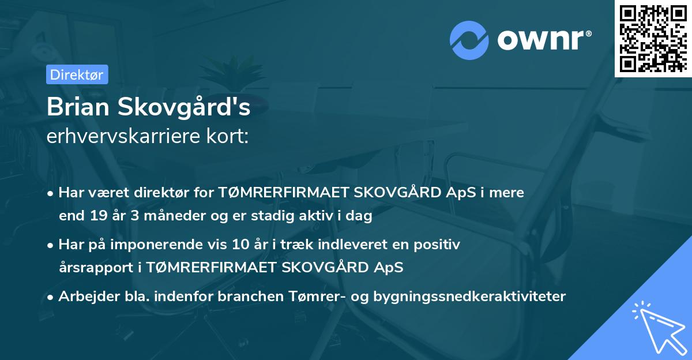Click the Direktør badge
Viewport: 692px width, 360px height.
(77, 74)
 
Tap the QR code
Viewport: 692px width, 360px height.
(653, 38)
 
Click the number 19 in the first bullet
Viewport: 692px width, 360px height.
(97, 216)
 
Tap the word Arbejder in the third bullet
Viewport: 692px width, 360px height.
(84, 297)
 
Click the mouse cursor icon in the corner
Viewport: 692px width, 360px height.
(657, 326)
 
